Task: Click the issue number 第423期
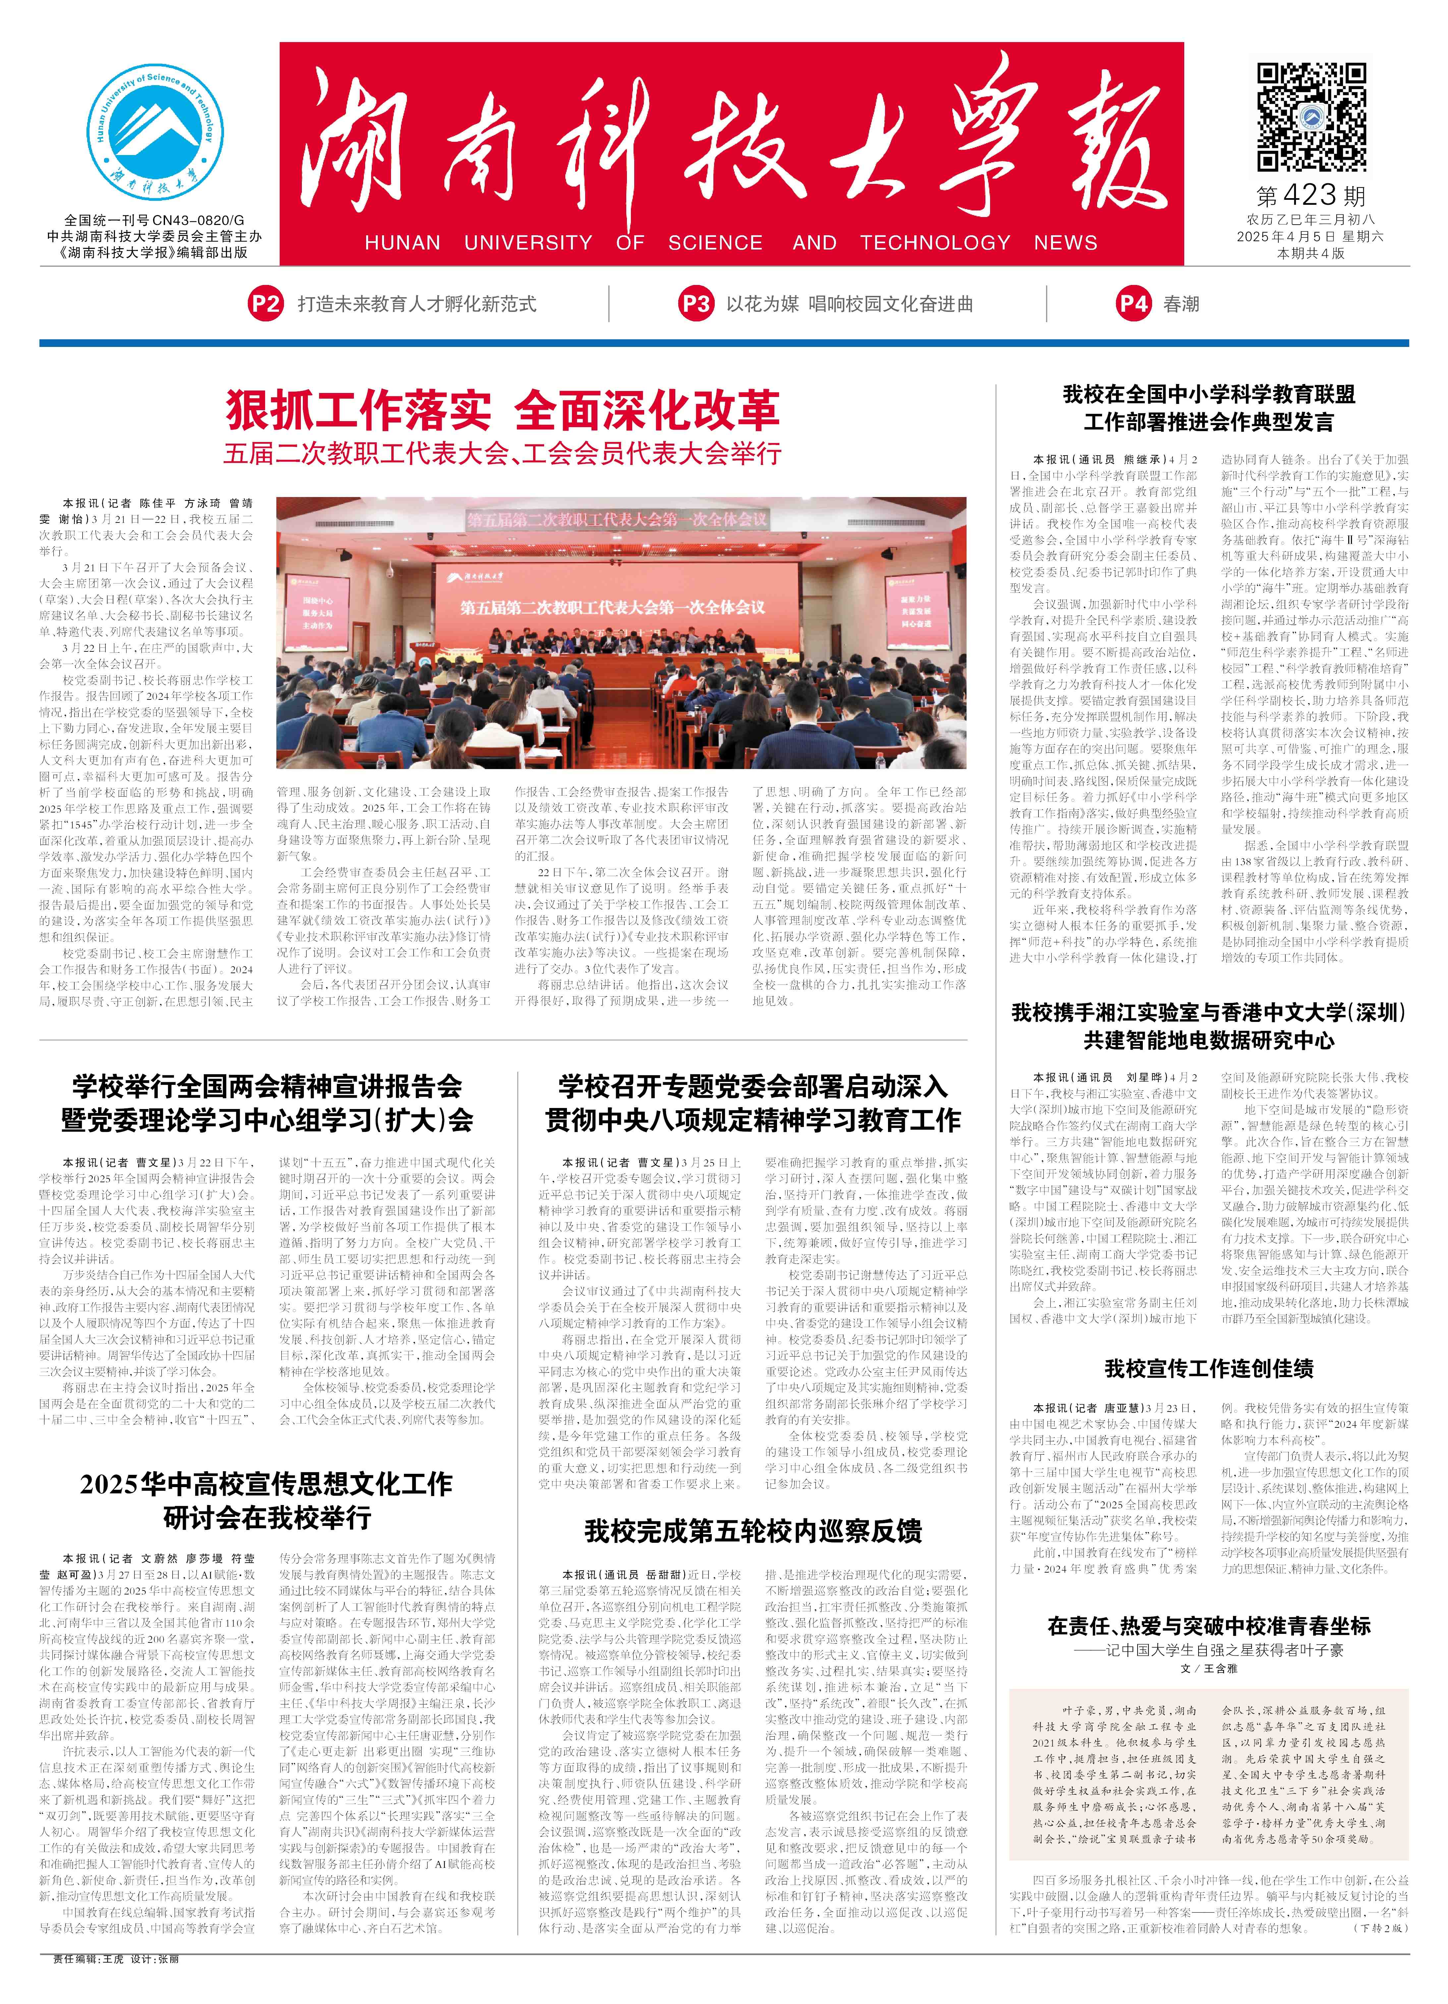pyautogui.click(x=1311, y=196)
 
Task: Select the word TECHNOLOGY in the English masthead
pyautogui.click(x=935, y=243)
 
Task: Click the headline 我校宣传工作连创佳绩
pyautogui.click(x=1208, y=1369)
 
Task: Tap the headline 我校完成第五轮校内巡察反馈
pyautogui.click(x=753, y=1531)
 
